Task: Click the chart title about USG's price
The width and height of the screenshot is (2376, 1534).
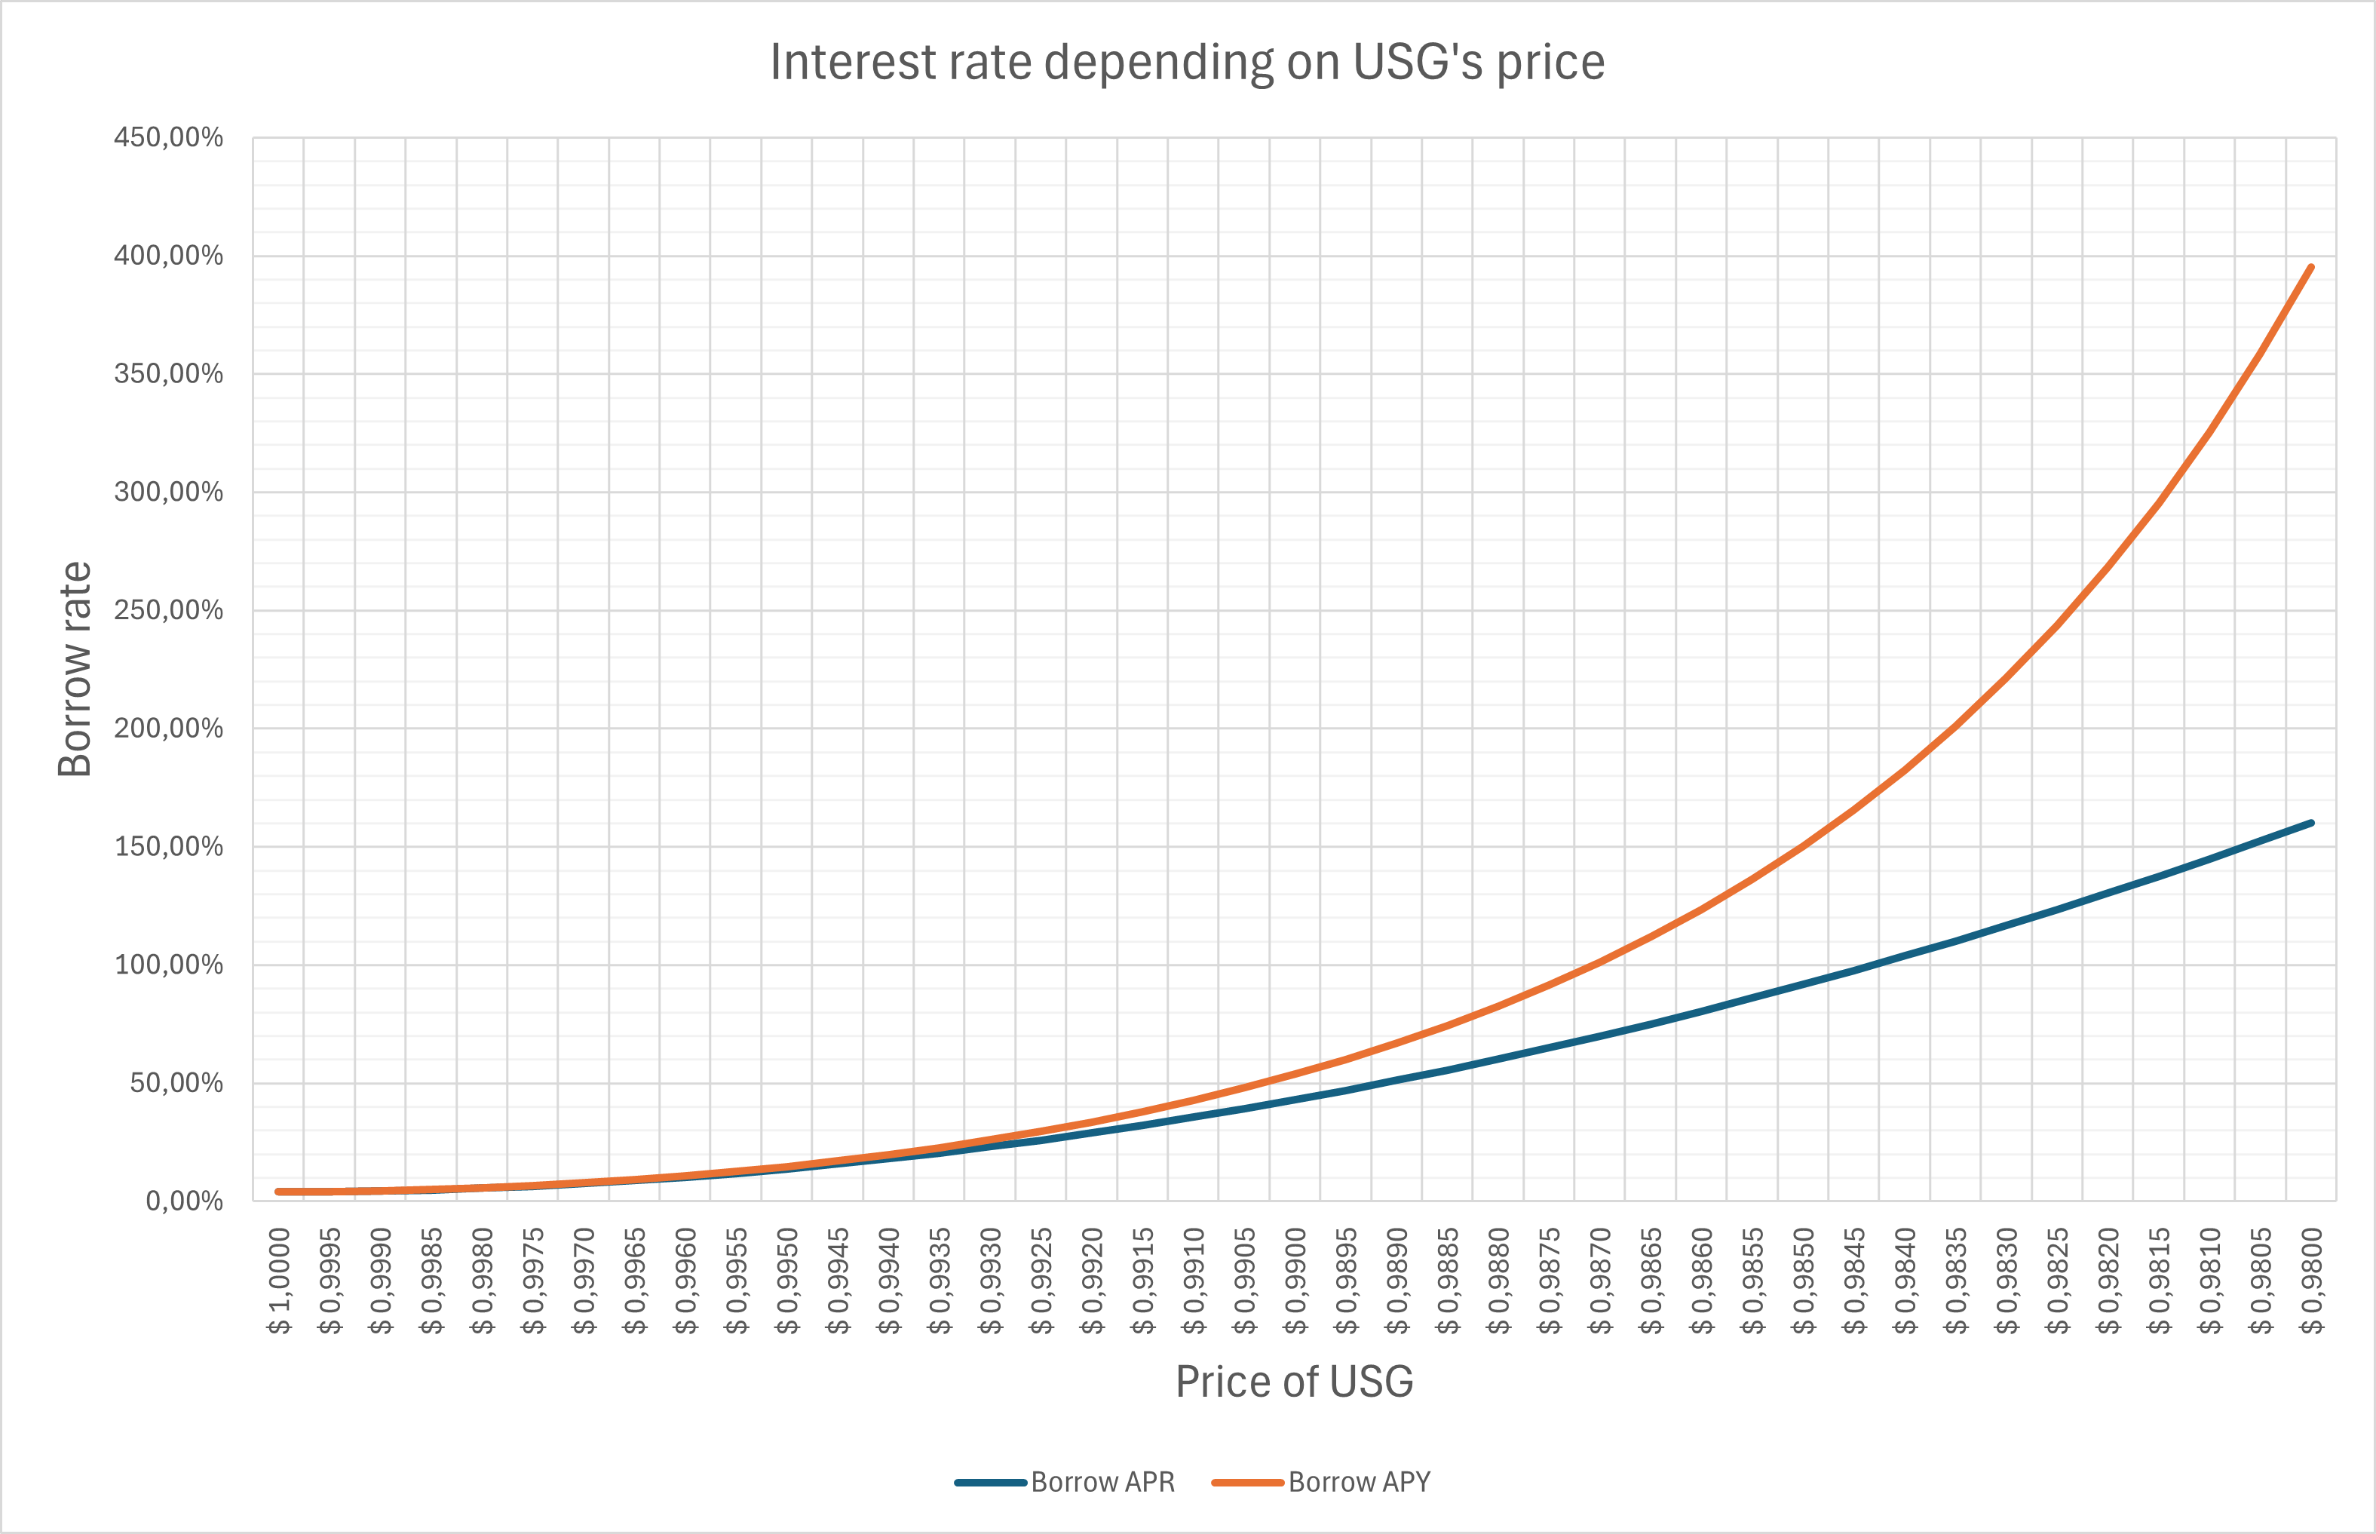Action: [1187, 63]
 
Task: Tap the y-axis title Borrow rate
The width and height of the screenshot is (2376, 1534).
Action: [75, 670]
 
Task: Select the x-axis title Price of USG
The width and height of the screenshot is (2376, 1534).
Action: [1293, 1382]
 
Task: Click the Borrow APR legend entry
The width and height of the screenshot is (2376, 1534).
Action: [1065, 1482]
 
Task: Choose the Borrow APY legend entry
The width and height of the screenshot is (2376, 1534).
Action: [1321, 1482]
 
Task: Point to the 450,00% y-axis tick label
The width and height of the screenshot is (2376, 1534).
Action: [168, 137]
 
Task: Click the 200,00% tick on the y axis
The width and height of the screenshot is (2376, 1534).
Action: [168, 728]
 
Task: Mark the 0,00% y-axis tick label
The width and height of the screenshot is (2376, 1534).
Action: [184, 1201]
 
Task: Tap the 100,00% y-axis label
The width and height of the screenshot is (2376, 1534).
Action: [168, 965]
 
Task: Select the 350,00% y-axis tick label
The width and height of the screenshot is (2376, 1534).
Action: [168, 373]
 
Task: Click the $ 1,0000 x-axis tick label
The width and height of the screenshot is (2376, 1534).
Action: [280, 1281]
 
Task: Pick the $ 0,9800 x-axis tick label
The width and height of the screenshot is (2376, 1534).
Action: [2312, 1281]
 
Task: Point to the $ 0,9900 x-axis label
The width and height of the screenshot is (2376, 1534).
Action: [1295, 1281]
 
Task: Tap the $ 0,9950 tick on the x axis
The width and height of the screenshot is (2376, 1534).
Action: [788, 1281]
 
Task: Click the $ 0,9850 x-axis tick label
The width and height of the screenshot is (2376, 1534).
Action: [1804, 1281]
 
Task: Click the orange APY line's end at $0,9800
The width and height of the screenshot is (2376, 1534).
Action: [2311, 267]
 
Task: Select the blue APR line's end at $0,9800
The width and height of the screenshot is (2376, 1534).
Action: [2311, 823]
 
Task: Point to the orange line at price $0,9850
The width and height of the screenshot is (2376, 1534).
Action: [1804, 847]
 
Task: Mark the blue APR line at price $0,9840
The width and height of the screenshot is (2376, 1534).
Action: [1905, 956]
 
